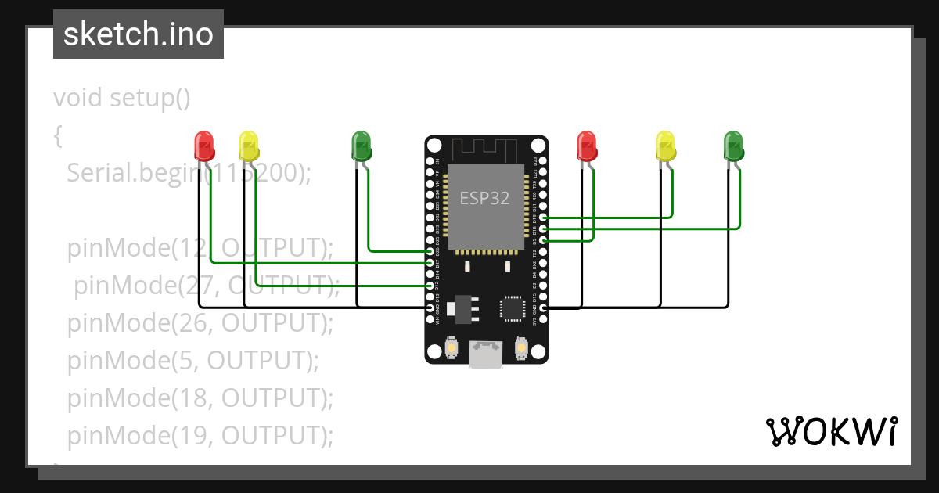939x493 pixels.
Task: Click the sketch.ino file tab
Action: (x=138, y=34)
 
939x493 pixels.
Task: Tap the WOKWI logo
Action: (x=831, y=431)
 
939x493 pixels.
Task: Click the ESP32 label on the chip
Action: (x=484, y=198)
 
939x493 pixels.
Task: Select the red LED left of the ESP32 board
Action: (x=203, y=146)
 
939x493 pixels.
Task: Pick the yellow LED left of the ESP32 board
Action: (x=248, y=146)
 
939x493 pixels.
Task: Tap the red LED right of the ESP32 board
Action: (x=586, y=146)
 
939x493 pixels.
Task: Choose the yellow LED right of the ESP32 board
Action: (x=665, y=146)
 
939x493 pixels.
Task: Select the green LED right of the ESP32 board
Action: (x=733, y=146)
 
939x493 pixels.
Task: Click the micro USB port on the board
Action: (x=487, y=354)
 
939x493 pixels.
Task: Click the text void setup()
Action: (x=122, y=99)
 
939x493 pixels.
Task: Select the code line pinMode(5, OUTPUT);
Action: (x=193, y=360)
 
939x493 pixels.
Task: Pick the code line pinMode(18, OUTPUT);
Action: (x=200, y=398)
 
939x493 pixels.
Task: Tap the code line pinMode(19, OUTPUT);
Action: (x=200, y=435)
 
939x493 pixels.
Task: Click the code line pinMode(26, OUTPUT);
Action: (x=200, y=322)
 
